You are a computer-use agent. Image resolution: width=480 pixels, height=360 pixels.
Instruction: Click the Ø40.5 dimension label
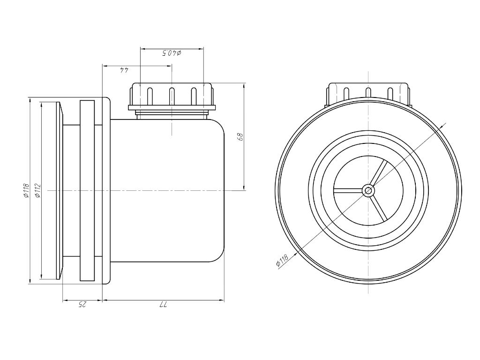point(172,53)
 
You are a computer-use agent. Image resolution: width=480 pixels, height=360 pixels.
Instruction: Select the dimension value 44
point(124,70)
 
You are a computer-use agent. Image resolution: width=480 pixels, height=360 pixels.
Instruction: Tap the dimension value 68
point(240,136)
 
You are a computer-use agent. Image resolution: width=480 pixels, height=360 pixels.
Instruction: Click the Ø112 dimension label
point(37,190)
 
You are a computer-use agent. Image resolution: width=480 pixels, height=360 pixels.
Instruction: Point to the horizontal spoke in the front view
point(348,191)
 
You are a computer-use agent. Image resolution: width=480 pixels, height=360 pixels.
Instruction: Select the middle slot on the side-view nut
point(172,96)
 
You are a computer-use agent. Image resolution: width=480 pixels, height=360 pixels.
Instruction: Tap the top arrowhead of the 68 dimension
point(244,86)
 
